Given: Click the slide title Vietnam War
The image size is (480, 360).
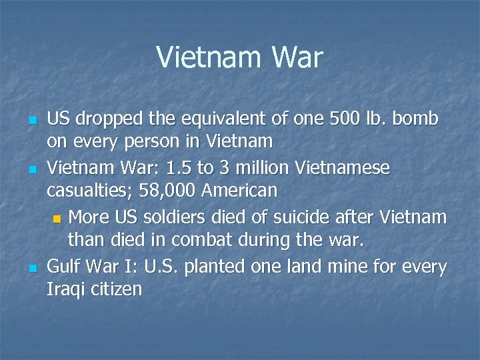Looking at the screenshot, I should [239, 57].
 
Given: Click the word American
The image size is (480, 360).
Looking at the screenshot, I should [239, 191].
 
